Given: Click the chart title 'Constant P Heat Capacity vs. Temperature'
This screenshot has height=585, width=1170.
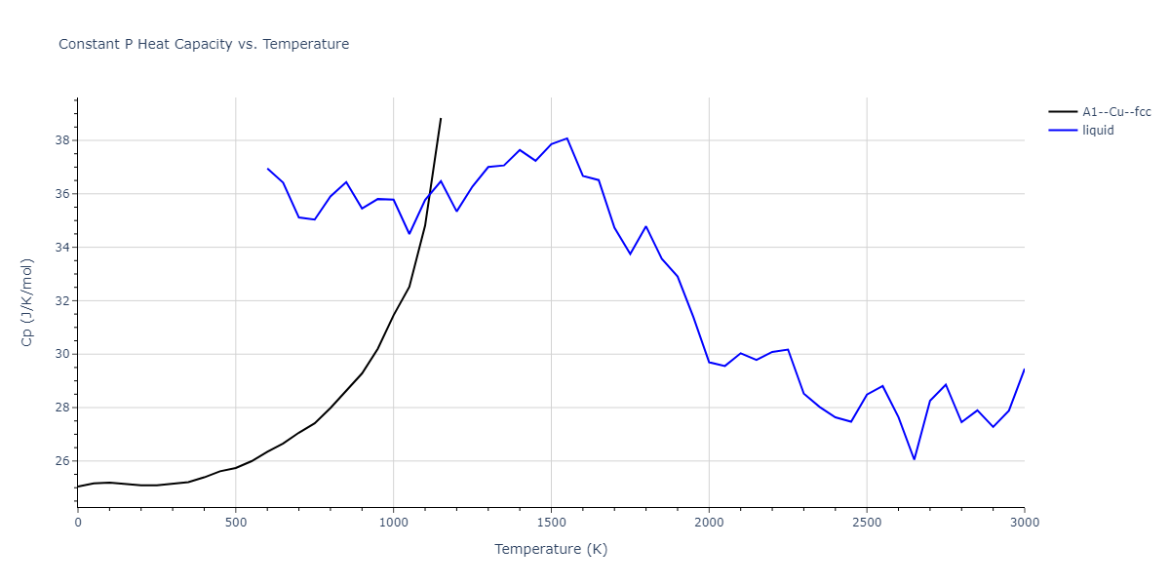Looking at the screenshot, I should coord(204,44).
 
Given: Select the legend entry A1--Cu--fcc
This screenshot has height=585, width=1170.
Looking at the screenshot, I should coord(1115,112).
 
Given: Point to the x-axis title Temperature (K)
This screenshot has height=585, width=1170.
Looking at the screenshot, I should coord(551,549).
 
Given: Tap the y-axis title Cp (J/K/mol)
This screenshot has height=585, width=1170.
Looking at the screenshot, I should coord(27,302).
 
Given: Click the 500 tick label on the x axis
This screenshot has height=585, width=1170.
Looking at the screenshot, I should coord(235,523).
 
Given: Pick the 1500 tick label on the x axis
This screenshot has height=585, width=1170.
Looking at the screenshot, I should coord(551,523).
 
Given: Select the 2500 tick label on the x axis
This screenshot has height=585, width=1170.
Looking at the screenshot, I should coord(867,523).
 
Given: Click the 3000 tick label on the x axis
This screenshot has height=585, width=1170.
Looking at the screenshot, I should coord(1024,523).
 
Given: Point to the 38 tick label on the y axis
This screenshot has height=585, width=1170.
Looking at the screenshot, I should coord(61,140).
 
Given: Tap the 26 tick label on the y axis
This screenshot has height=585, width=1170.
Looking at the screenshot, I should coord(61,461).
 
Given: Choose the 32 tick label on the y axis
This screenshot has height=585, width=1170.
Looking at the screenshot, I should coord(61,301).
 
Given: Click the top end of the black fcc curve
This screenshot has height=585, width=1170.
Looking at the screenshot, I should coord(441,119).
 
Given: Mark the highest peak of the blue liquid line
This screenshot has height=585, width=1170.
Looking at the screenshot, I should coord(566,138).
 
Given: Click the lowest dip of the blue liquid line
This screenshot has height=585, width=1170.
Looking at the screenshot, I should coord(914,459).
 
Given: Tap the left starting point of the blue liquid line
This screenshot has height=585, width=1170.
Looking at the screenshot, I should coord(267,169).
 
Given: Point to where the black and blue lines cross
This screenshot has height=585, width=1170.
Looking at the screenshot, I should coord(430,192).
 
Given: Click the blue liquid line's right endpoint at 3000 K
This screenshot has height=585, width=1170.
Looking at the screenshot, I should coord(1024,369).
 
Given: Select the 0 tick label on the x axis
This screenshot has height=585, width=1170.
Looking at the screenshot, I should coord(78,523).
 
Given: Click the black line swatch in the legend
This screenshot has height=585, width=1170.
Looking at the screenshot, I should coord(1063,112).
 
